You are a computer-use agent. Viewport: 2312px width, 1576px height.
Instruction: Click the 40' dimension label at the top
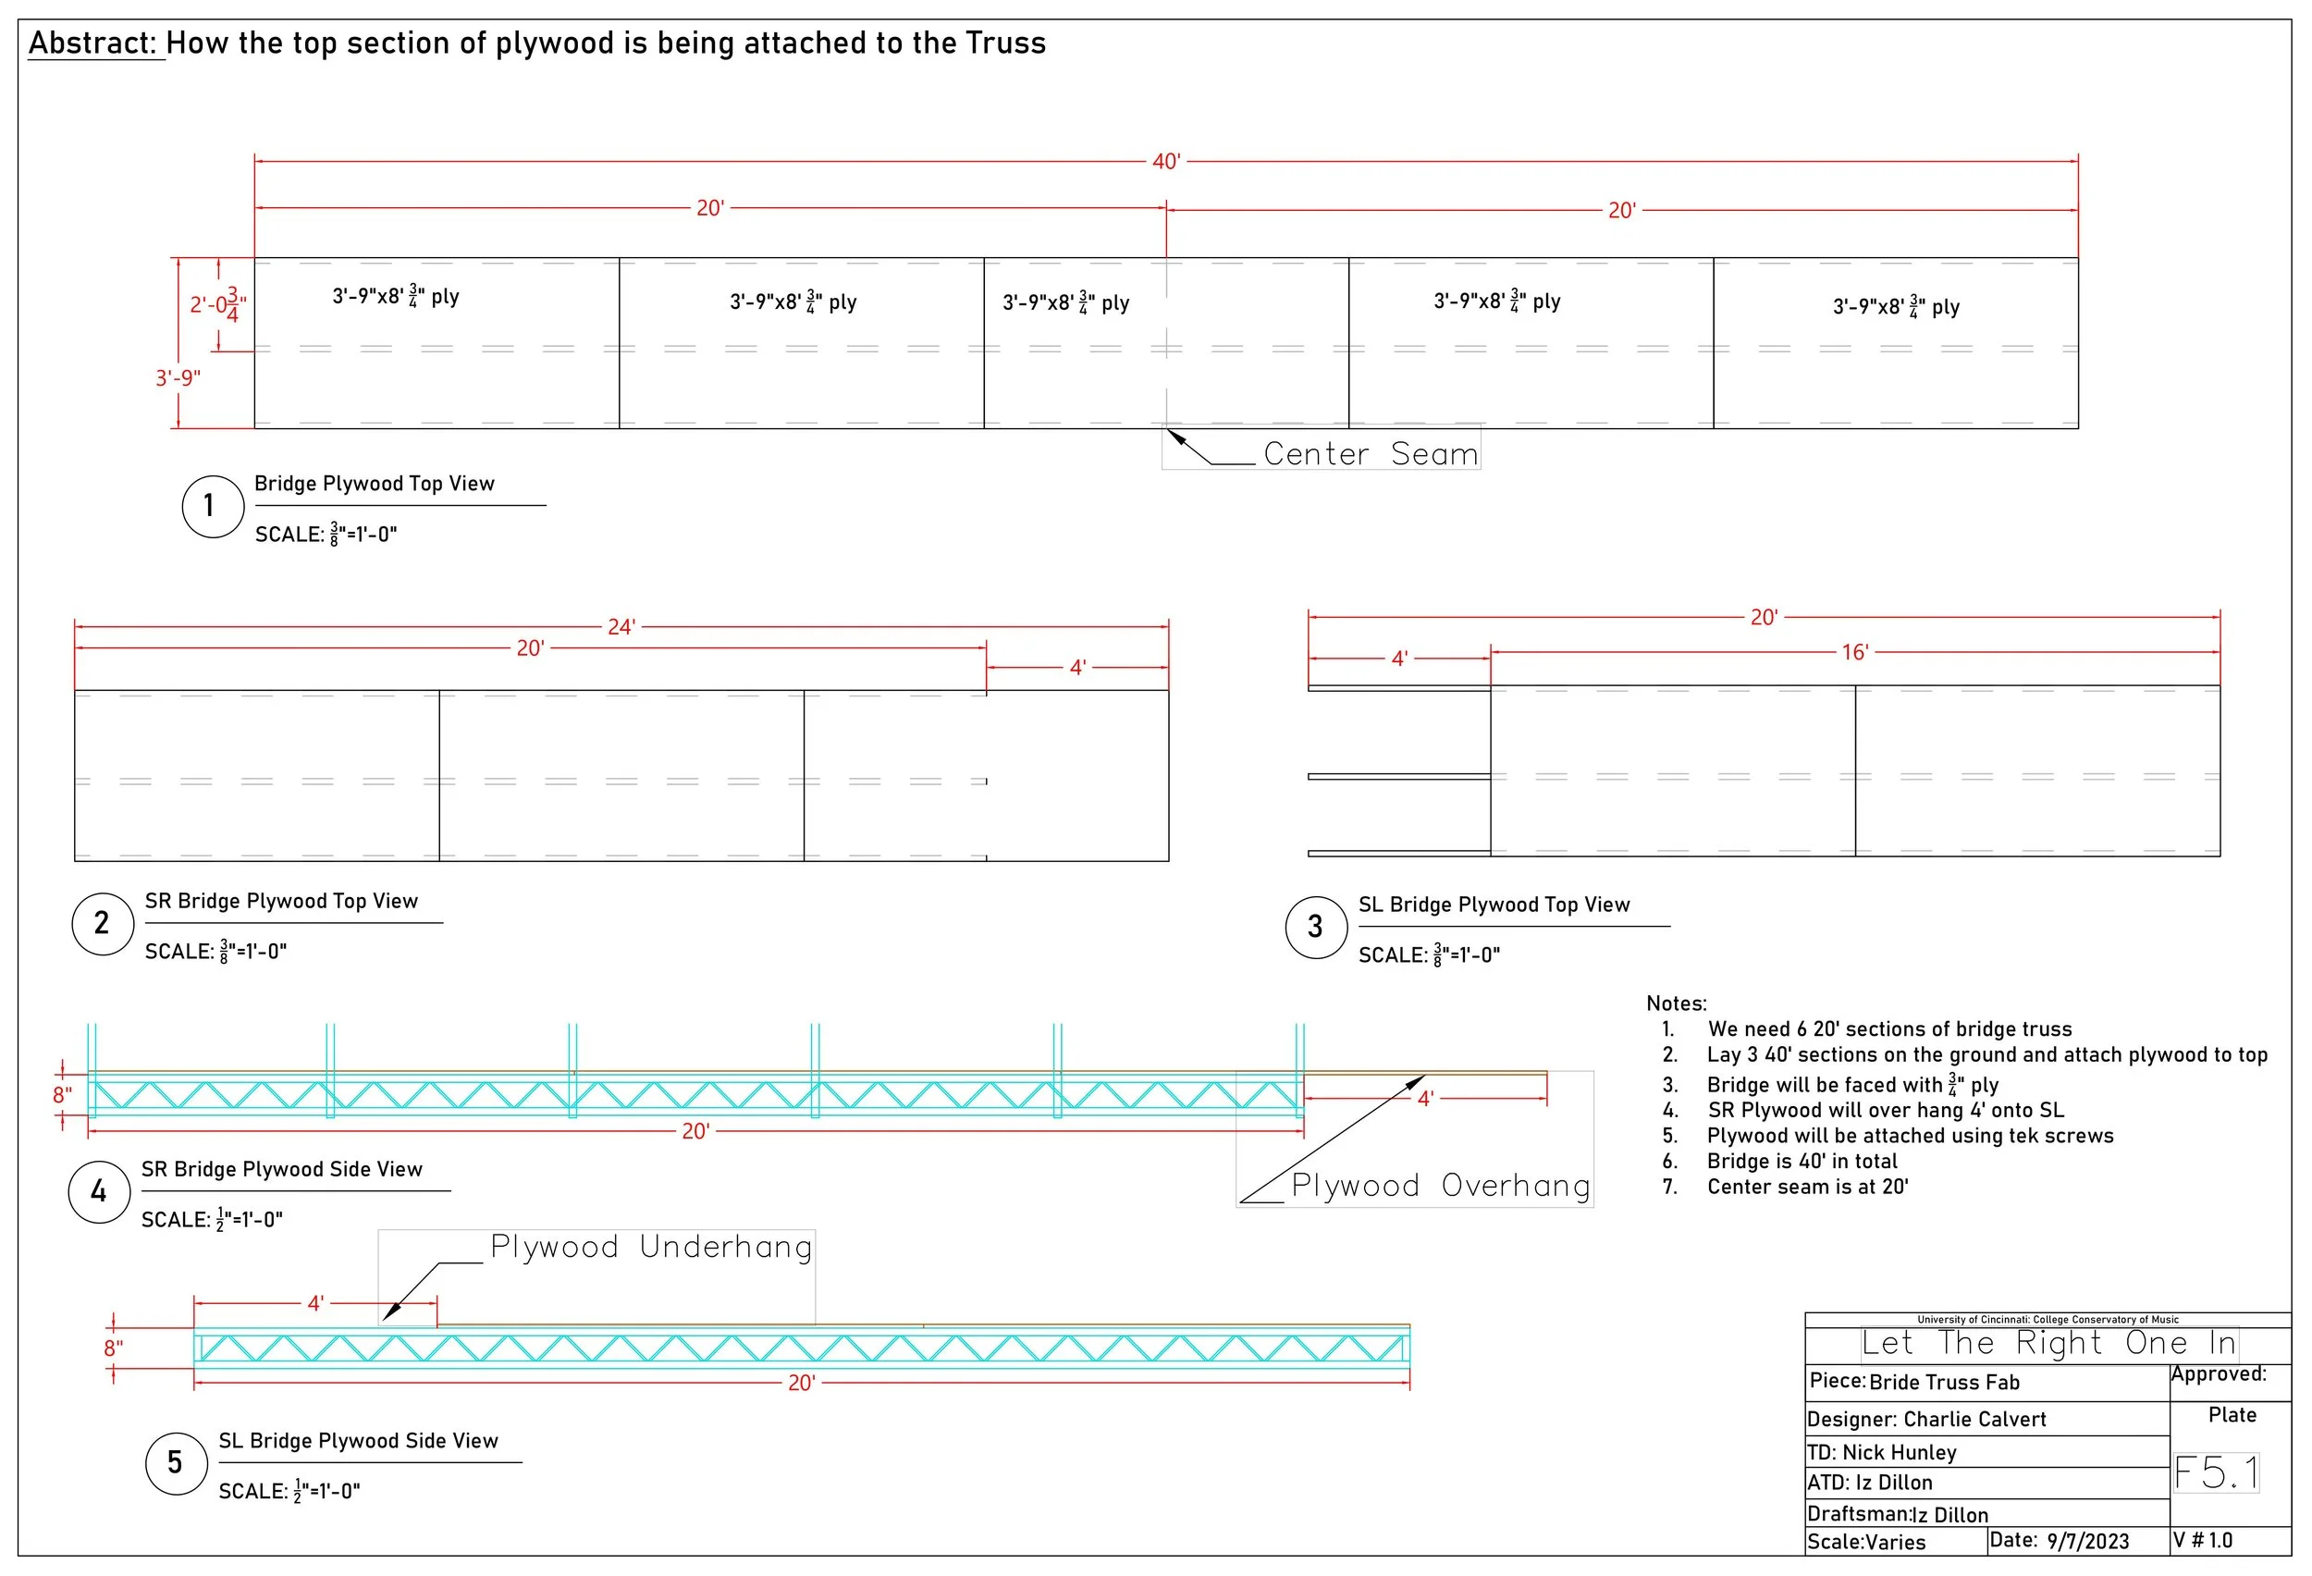pyautogui.click(x=1166, y=161)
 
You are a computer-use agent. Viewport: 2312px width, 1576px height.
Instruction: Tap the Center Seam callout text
pyautogui.click(x=1370, y=454)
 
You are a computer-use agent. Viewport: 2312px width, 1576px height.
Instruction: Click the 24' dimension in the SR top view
pyautogui.click(x=621, y=627)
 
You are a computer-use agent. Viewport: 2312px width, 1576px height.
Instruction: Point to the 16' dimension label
pyautogui.click(x=1854, y=653)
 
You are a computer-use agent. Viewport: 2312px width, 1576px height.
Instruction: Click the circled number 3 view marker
pyautogui.click(x=1315, y=928)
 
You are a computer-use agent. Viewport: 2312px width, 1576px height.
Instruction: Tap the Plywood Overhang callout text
pyautogui.click(x=1440, y=1185)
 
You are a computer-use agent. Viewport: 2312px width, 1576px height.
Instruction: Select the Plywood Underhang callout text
pyautogui.click(x=652, y=1247)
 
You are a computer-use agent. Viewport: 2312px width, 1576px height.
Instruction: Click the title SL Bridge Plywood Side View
pyautogui.click(x=358, y=1441)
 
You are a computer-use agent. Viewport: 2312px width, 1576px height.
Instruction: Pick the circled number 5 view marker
pyautogui.click(x=176, y=1462)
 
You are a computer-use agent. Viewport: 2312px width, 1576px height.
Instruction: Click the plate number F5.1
pyautogui.click(x=2217, y=1472)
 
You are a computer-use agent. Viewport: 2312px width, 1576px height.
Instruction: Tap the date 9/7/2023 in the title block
pyautogui.click(x=2087, y=1541)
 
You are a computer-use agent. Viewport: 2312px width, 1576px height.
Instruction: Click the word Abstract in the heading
pyautogui.click(x=92, y=43)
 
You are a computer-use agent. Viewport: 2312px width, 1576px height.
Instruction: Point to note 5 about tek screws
pyautogui.click(x=1909, y=1135)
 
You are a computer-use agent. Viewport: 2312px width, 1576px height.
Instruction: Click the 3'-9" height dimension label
pyautogui.click(x=178, y=378)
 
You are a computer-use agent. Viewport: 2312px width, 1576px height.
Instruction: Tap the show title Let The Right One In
pyautogui.click(x=2048, y=1343)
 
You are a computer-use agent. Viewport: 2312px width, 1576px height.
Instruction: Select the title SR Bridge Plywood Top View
pyautogui.click(x=281, y=902)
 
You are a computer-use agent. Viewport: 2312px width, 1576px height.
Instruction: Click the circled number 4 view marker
pyautogui.click(x=98, y=1192)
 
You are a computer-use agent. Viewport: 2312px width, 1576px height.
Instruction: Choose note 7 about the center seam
pyautogui.click(x=1807, y=1187)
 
